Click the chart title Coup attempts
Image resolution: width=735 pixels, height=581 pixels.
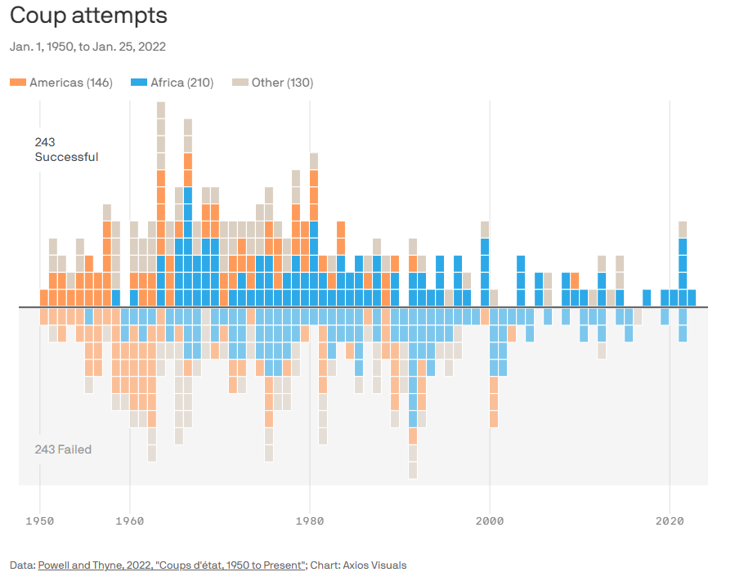click(x=88, y=16)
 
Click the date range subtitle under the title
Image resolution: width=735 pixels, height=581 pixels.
click(x=87, y=47)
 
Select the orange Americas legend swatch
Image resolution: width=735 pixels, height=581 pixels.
click(x=18, y=83)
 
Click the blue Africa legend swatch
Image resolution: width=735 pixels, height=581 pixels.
click(x=139, y=83)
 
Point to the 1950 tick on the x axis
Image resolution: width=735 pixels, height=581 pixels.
click(x=39, y=520)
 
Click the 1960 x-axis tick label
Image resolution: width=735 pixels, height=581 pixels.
click(x=129, y=520)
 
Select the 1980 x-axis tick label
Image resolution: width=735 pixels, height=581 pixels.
click(x=309, y=520)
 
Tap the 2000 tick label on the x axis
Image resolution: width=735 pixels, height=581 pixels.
click(x=490, y=520)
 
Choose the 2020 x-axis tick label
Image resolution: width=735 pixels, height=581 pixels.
click(x=670, y=520)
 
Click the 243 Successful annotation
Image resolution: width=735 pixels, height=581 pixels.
click(x=66, y=150)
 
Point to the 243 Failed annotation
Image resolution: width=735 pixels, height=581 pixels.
click(x=63, y=449)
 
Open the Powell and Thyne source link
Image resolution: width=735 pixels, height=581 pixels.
click(x=172, y=565)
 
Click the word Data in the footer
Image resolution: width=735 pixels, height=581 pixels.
click(x=21, y=565)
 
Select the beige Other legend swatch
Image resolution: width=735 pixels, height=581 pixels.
click(x=240, y=83)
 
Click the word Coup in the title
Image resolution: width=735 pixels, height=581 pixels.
click(x=37, y=16)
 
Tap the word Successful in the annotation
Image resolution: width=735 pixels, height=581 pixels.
click(x=66, y=157)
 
